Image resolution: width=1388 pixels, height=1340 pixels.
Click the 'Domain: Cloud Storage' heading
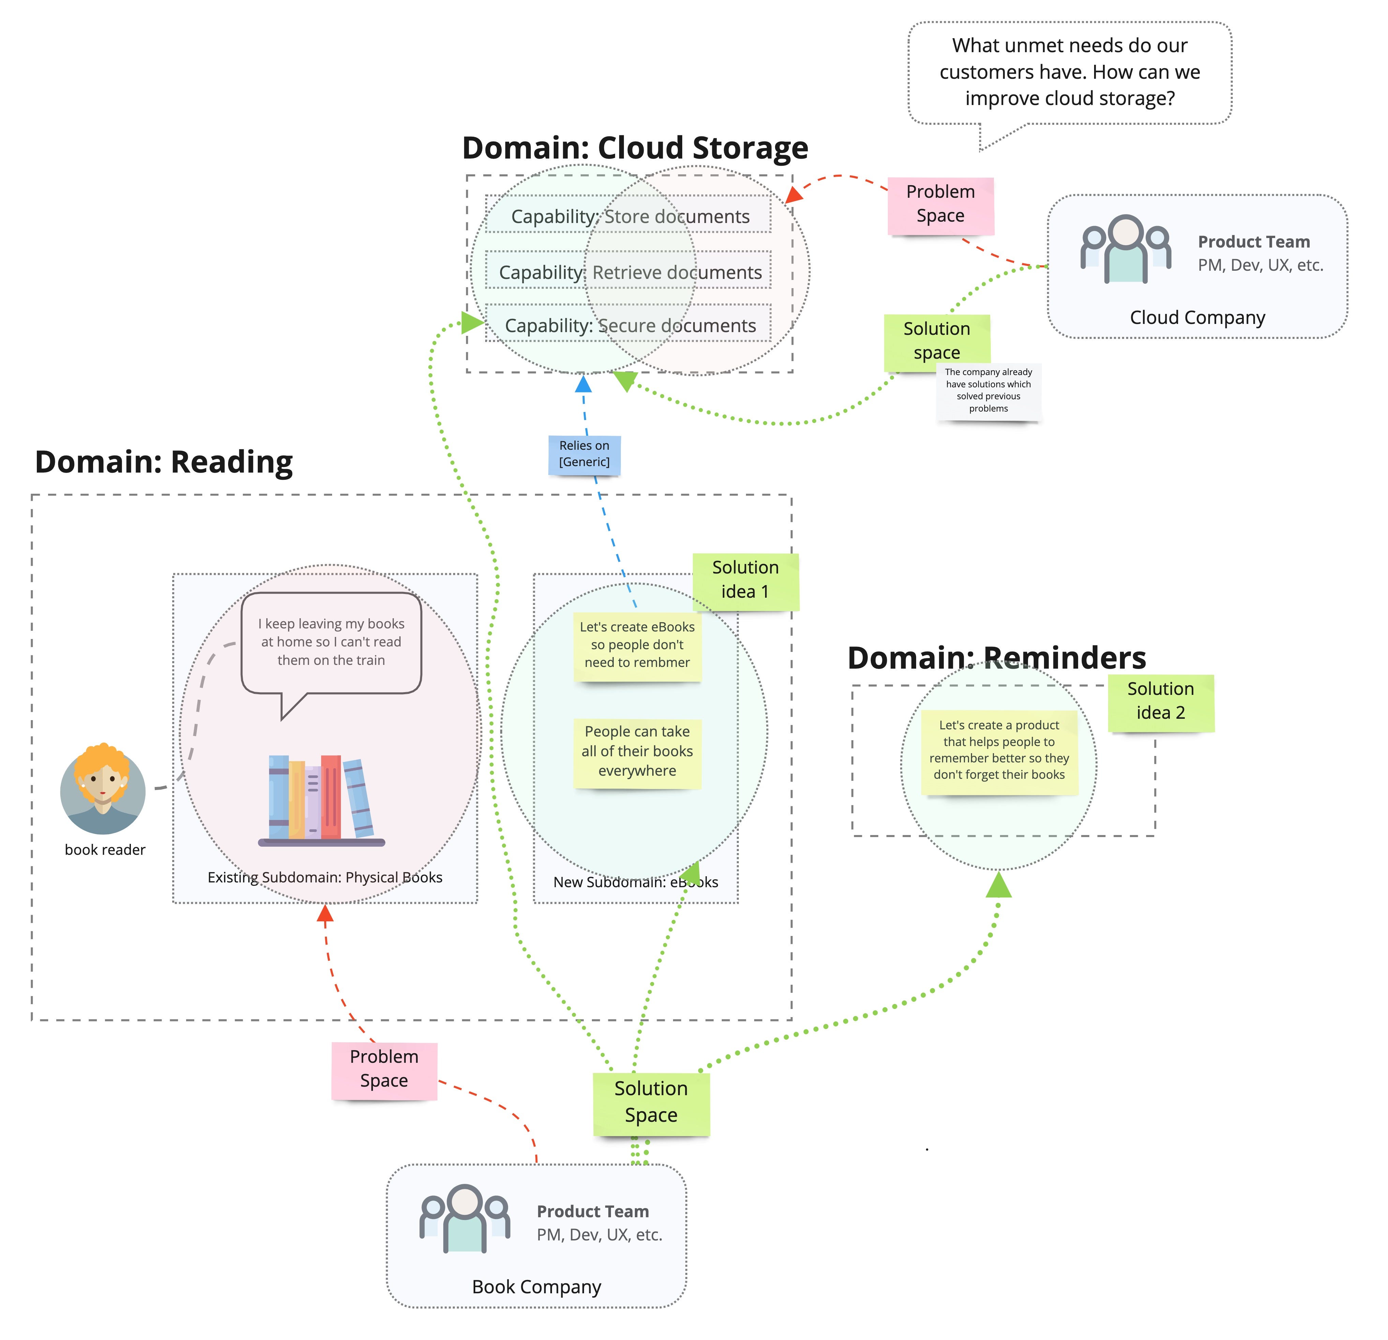tap(635, 148)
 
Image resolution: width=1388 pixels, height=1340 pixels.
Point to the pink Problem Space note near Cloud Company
tap(940, 204)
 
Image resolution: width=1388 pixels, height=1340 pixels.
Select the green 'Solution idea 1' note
tap(745, 579)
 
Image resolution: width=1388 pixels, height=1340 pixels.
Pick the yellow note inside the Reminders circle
tap(999, 751)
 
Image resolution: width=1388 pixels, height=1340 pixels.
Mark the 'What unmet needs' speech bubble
tap(1069, 72)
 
